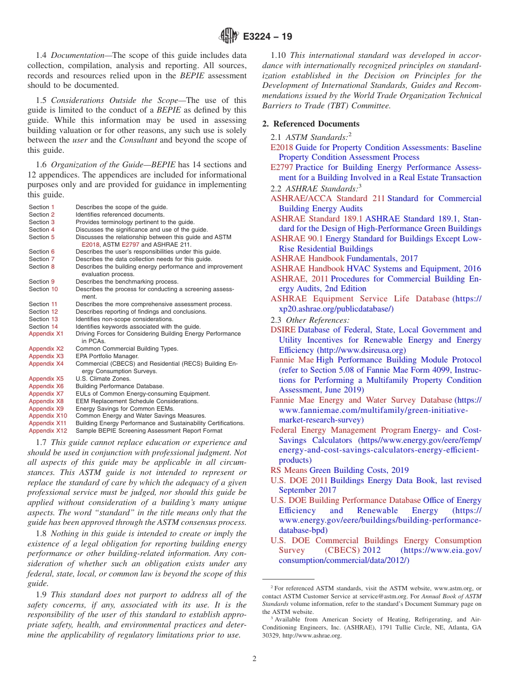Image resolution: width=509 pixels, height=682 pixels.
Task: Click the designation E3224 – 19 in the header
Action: click(267, 37)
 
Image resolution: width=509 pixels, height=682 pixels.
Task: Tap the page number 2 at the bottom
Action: click(254, 659)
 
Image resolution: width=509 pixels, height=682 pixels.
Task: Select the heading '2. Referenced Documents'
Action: click(311, 124)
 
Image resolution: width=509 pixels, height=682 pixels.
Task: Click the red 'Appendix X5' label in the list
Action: click(46, 379)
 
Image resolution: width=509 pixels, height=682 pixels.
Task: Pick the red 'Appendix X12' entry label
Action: click(48, 431)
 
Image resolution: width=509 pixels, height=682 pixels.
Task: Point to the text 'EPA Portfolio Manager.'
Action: click(107, 356)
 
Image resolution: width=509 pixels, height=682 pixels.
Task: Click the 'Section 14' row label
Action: click(43, 327)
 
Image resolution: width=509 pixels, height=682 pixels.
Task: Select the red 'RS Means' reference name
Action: click(289, 470)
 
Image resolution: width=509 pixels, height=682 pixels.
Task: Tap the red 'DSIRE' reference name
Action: click(283, 330)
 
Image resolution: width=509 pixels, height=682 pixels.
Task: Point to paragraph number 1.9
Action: click(42, 595)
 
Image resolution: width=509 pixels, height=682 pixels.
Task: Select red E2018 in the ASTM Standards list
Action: click(282, 147)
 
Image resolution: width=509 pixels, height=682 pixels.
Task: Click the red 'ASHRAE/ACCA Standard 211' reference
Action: click(327, 198)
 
